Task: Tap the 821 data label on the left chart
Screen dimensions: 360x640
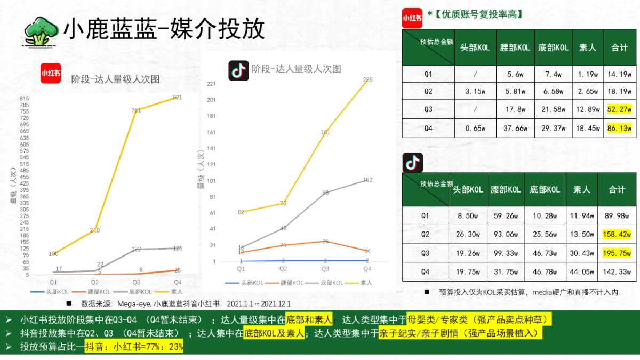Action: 178,98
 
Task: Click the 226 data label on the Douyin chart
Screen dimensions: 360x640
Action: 367,80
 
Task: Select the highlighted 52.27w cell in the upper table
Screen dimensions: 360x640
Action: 619,110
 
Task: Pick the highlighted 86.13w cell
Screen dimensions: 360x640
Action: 619,128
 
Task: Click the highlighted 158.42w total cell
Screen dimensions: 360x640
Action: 617,235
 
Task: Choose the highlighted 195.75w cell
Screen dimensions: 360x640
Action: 617,253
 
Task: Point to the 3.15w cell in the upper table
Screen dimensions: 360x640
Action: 475,92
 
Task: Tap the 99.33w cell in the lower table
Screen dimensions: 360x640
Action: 505,253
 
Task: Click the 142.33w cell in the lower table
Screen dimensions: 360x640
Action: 617,272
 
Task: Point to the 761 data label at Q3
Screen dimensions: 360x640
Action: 136,110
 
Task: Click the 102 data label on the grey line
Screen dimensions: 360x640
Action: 367,180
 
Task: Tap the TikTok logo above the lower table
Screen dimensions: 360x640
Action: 412,162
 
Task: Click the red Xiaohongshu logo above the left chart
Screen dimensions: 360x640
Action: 51,73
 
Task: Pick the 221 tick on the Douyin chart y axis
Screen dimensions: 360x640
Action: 211,84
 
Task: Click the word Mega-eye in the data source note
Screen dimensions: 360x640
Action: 132,304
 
